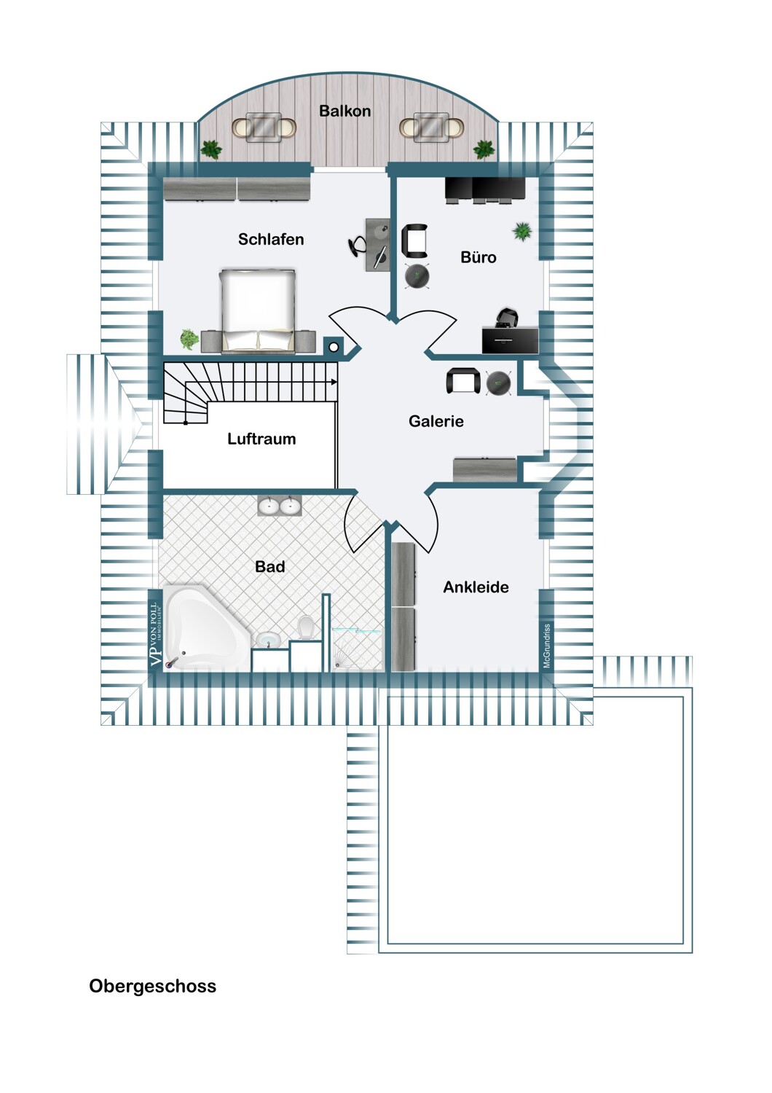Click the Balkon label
point(344,111)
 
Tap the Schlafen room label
point(271,239)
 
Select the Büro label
point(478,257)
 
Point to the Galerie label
point(436,421)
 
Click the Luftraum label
point(261,439)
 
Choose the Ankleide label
point(476,587)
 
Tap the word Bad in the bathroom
point(269,566)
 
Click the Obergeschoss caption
point(153,986)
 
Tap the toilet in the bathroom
point(306,627)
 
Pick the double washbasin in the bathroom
point(280,506)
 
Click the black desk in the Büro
point(510,340)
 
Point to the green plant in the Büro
point(521,231)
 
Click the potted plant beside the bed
point(189,339)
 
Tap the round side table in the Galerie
point(498,382)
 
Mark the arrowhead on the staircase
point(334,382)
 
